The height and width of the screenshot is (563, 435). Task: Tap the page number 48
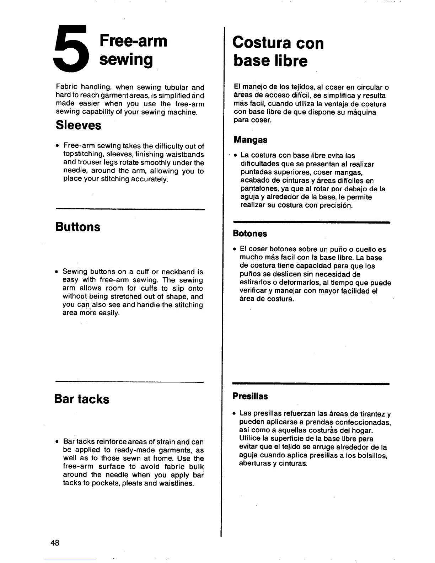(55, 543)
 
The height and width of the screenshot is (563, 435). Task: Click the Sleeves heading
(78, 125)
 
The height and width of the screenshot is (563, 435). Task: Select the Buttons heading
(78, 227)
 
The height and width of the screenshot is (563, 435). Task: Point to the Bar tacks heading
(82, 399)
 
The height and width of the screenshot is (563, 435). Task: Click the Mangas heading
(250, 140)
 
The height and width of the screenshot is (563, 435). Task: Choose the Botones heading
(250, 234)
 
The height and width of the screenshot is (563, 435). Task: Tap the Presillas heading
(250, 396)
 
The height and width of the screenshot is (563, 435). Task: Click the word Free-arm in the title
(133, 41)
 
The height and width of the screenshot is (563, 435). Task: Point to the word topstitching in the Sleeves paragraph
(84, 155)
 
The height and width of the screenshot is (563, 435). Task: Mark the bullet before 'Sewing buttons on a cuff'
(57, 272)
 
